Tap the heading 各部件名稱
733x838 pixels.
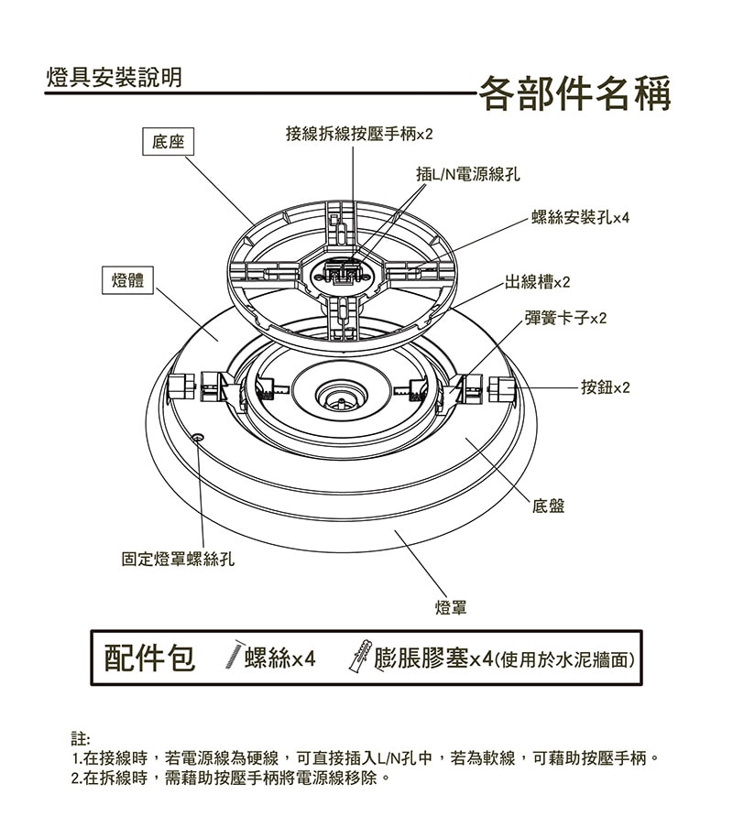coord(575,93)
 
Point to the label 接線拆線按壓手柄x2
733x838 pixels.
coord(358,135)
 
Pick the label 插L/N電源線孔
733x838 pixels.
coord(468,174)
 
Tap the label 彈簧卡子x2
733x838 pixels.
coord(565,318)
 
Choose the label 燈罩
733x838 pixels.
coord(451,607)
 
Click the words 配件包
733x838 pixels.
coord(149,658)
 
